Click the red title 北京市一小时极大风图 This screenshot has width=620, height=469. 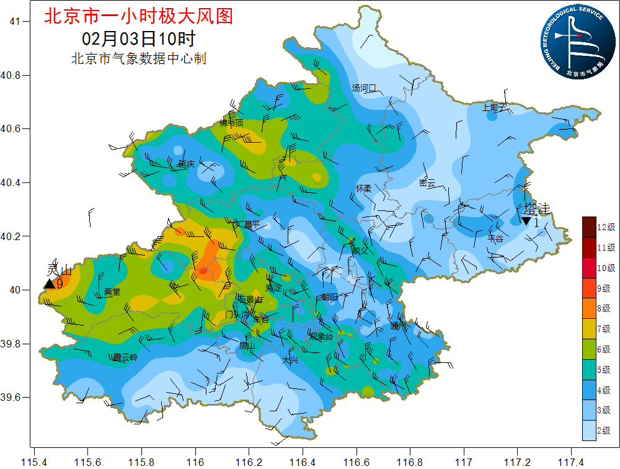tap(138, 16)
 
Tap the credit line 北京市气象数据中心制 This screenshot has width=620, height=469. tap(138, 59)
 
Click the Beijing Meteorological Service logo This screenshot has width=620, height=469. tap(576, 39)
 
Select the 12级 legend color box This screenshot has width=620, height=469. tap(589, 226)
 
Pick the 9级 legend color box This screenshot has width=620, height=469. tap(589, 288)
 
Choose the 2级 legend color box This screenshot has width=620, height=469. tap(589, 430)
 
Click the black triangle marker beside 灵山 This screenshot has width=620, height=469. tap(49, 284)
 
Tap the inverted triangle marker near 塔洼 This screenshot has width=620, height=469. tap(526, 221)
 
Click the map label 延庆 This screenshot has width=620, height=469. tap(186, 164)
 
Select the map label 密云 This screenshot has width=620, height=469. tap(427, 183)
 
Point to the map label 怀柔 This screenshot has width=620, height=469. tap(363, 188)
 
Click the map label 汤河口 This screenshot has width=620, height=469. tap(364, 88)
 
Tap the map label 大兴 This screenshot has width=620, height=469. tap(290, 360)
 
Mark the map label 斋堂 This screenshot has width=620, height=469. tap(112, 291)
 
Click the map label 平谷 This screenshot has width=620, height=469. tap(495, 238)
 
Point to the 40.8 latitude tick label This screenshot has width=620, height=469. tap(11, 75)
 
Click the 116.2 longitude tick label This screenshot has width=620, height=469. tap(249, 462)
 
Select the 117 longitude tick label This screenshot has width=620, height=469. tap(463, 462)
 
